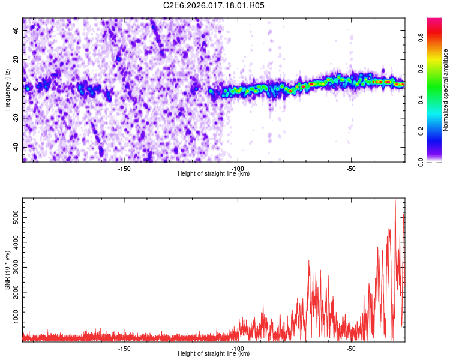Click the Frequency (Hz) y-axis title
(x=7, y=90)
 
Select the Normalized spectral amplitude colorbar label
(x=446, y=90)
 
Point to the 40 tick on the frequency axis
(x=16, y=31)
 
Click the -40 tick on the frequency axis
(x=15, y=147)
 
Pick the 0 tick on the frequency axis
(x=18, y=89)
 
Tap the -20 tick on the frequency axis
(x=15, y=118)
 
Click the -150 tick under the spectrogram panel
(x=124, y=169)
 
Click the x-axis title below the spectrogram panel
(x=214, y=174)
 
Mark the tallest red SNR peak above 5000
(x=395, y=200)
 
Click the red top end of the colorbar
(x=434, y=21)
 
